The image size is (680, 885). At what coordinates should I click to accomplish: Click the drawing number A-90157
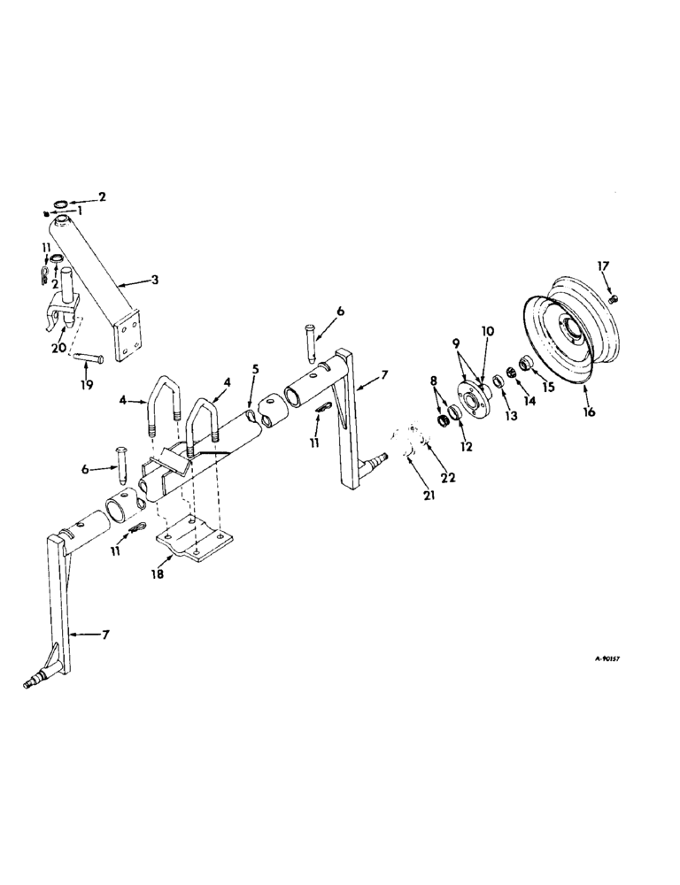click(x=595, y=659)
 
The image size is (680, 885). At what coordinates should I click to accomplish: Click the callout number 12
click(x=466, y=447)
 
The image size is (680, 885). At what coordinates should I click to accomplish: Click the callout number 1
click(x=81, y=212)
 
